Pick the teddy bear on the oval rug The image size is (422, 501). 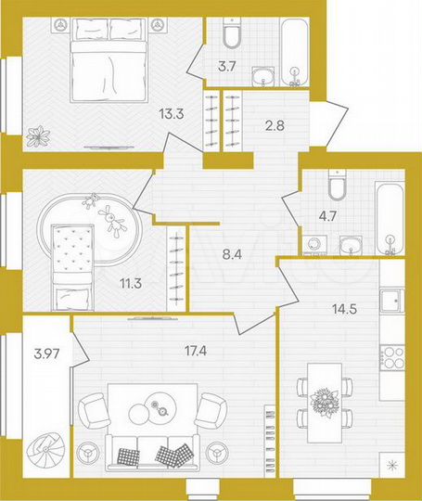(x=115, y=219)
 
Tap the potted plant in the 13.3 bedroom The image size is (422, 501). (x=38, y=136)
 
